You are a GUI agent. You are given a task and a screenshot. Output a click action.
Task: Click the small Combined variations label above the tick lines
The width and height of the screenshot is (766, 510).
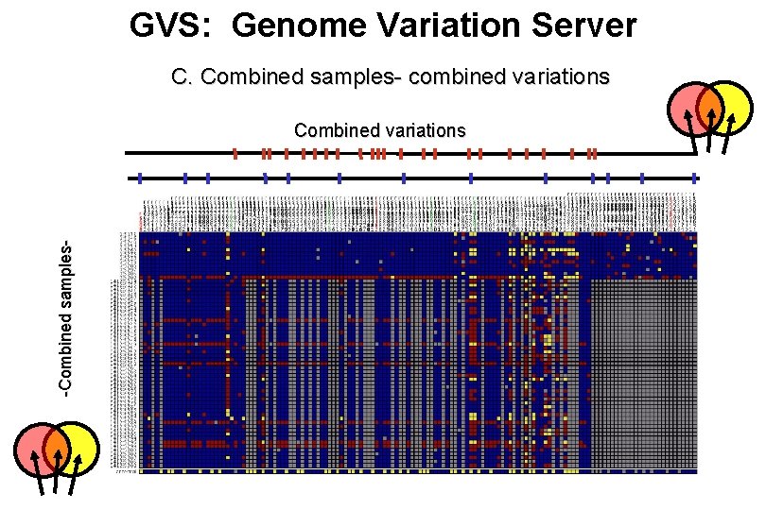point(379,130)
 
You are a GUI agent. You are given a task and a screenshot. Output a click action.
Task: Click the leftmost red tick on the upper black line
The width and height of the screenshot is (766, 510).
point(235,153)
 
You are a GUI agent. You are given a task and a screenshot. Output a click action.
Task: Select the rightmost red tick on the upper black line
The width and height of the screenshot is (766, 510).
point(594,153)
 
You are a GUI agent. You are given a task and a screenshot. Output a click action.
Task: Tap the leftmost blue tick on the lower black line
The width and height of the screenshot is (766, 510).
point(139,178)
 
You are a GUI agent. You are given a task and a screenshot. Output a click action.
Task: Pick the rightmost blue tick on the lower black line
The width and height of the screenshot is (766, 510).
point(695,178)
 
